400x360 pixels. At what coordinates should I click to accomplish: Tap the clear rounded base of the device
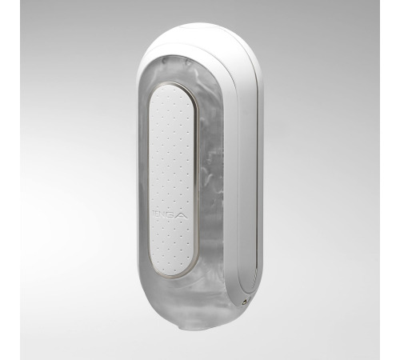coord(188,308)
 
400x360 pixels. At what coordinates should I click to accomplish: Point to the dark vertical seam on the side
coord(238,176)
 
